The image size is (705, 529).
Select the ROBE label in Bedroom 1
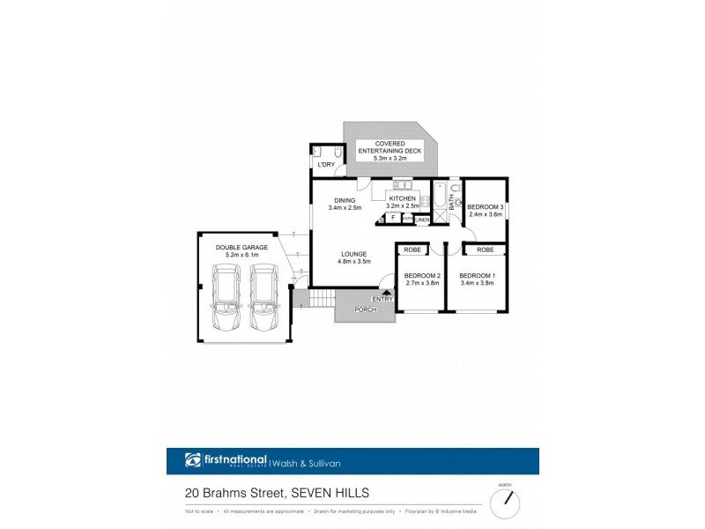tap(484, 250)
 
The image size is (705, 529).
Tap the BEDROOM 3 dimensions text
tap(484, 214)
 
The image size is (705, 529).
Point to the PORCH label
tap(365, 309)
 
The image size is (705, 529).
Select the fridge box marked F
tap(392, 217)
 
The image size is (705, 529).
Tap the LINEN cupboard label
tap(422, 219)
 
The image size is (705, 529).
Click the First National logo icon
tap(194, 460)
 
